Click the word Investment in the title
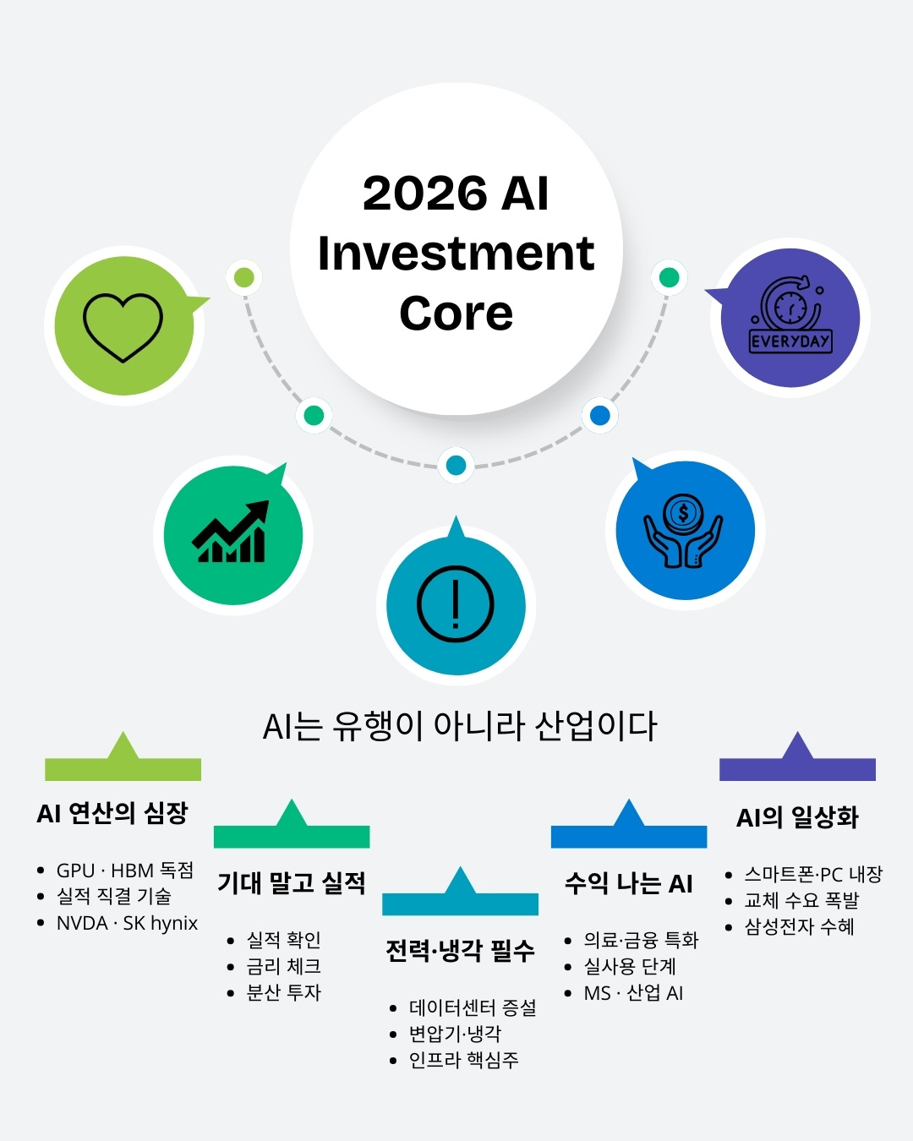click(456, 254)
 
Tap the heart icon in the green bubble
click(123, 326)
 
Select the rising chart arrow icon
click(231, 532)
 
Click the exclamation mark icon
click(455, 603)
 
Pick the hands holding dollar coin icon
click(683, 531)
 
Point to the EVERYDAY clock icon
click(790, 317)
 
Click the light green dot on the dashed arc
click(243, 277)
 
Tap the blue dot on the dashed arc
click(600, 415)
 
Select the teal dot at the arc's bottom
click(456, 465)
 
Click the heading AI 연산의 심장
click(112, 813)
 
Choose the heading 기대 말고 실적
click(292, 883)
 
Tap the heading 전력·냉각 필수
click(460, 951)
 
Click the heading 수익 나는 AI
click(628, 883)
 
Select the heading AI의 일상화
click(797, 817)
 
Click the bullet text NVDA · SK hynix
click(127, 923)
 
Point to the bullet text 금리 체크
click(283, 966)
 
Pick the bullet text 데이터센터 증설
click(473, 1007)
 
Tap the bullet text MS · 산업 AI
click(633, 993)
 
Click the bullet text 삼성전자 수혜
click(799, 927)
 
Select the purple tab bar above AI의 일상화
click(797, 768)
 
